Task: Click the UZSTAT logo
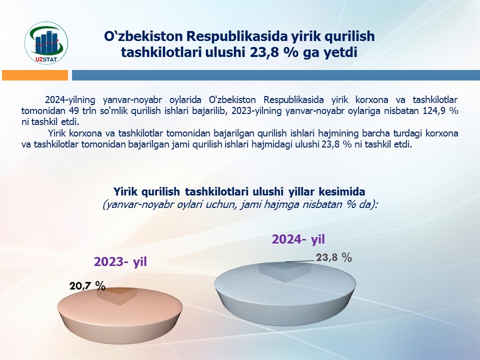click(46, 43)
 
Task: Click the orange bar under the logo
click(35, 75)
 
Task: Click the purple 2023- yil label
click(120, 261)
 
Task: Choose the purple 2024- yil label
click(298, 239)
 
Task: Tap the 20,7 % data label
click(87, 285)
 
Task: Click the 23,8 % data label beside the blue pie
click(334, 257)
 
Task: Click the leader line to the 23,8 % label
click(300, 261)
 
